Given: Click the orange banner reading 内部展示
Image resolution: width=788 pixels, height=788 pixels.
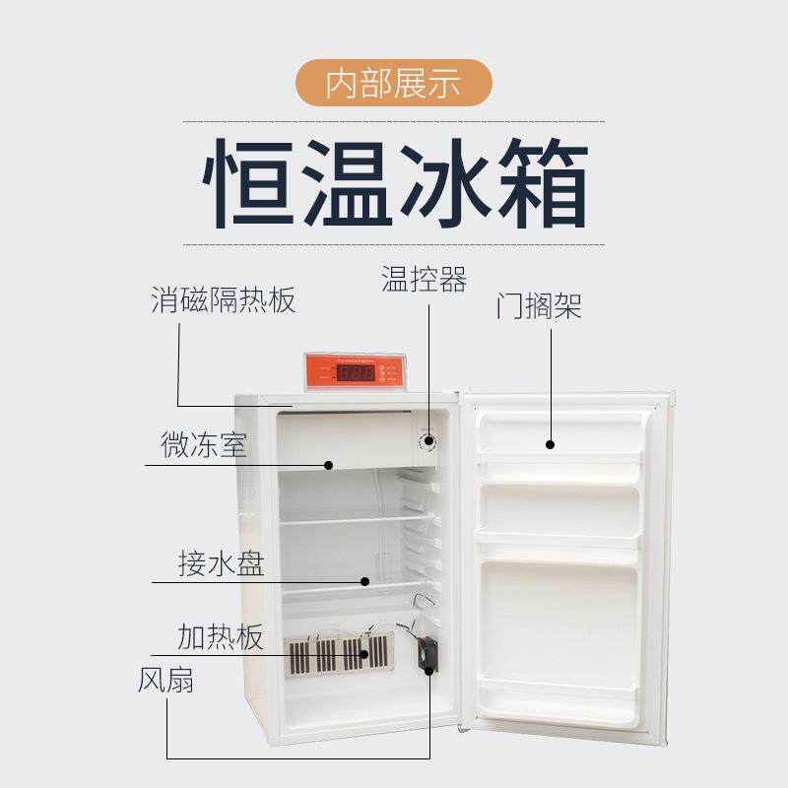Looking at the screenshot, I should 394,83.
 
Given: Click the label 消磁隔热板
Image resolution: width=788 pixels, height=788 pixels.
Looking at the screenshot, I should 224,299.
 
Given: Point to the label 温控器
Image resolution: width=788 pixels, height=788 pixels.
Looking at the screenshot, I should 424,279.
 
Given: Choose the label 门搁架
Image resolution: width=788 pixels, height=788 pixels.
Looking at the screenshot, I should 538,306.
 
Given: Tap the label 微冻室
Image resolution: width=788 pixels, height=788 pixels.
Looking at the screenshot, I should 204,445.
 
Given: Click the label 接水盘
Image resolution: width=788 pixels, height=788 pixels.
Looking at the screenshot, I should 221,565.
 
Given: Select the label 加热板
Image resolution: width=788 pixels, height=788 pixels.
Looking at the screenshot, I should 221,637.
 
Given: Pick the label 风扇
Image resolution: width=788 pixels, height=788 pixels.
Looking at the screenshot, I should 165,681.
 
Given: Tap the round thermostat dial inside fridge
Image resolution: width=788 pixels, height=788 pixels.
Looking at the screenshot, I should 428,442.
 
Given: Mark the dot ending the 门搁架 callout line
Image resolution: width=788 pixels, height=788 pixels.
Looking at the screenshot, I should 551,443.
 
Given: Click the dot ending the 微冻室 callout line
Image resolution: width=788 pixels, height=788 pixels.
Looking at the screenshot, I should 329,464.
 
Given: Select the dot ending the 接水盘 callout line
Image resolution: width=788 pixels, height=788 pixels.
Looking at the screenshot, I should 364,581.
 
